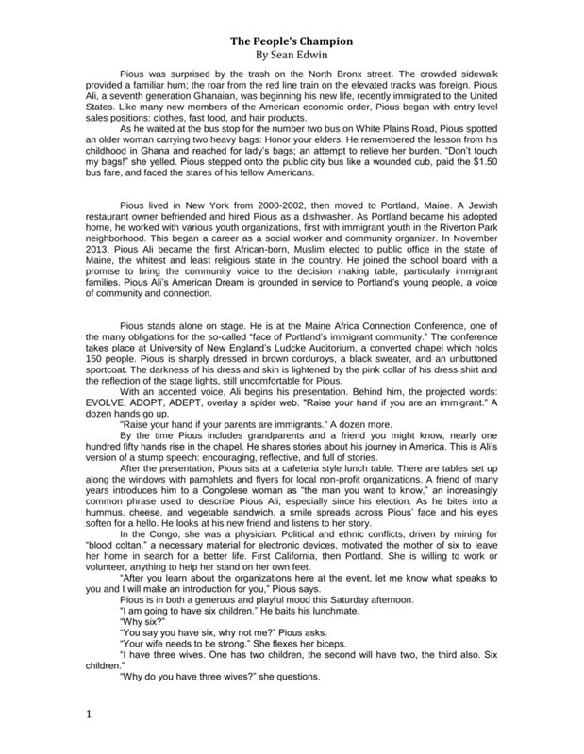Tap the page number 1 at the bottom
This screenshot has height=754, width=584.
coord(89,717)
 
